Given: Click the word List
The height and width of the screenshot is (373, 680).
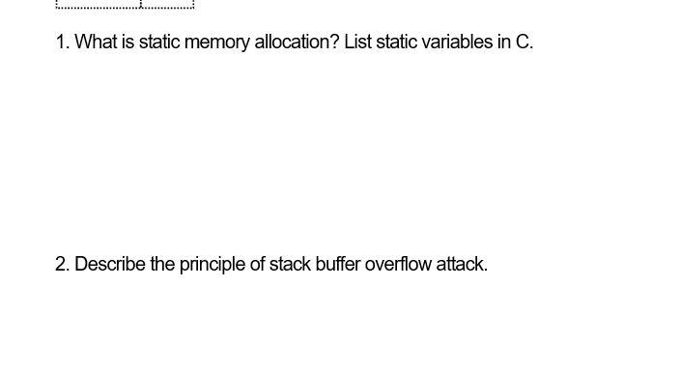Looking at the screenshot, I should point(357,43).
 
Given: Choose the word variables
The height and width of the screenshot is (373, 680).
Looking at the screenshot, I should point(460,43).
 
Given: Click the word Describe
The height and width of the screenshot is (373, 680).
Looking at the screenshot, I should point(110,264).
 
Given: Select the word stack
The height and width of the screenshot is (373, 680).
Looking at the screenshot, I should point(290,264).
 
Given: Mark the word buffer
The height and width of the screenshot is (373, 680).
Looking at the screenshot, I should point(338,264).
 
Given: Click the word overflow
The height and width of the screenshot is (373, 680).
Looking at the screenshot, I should point(398,264).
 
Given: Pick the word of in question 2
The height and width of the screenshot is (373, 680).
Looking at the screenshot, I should point(257,264).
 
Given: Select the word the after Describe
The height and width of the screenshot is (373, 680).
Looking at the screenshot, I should point(162,264).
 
